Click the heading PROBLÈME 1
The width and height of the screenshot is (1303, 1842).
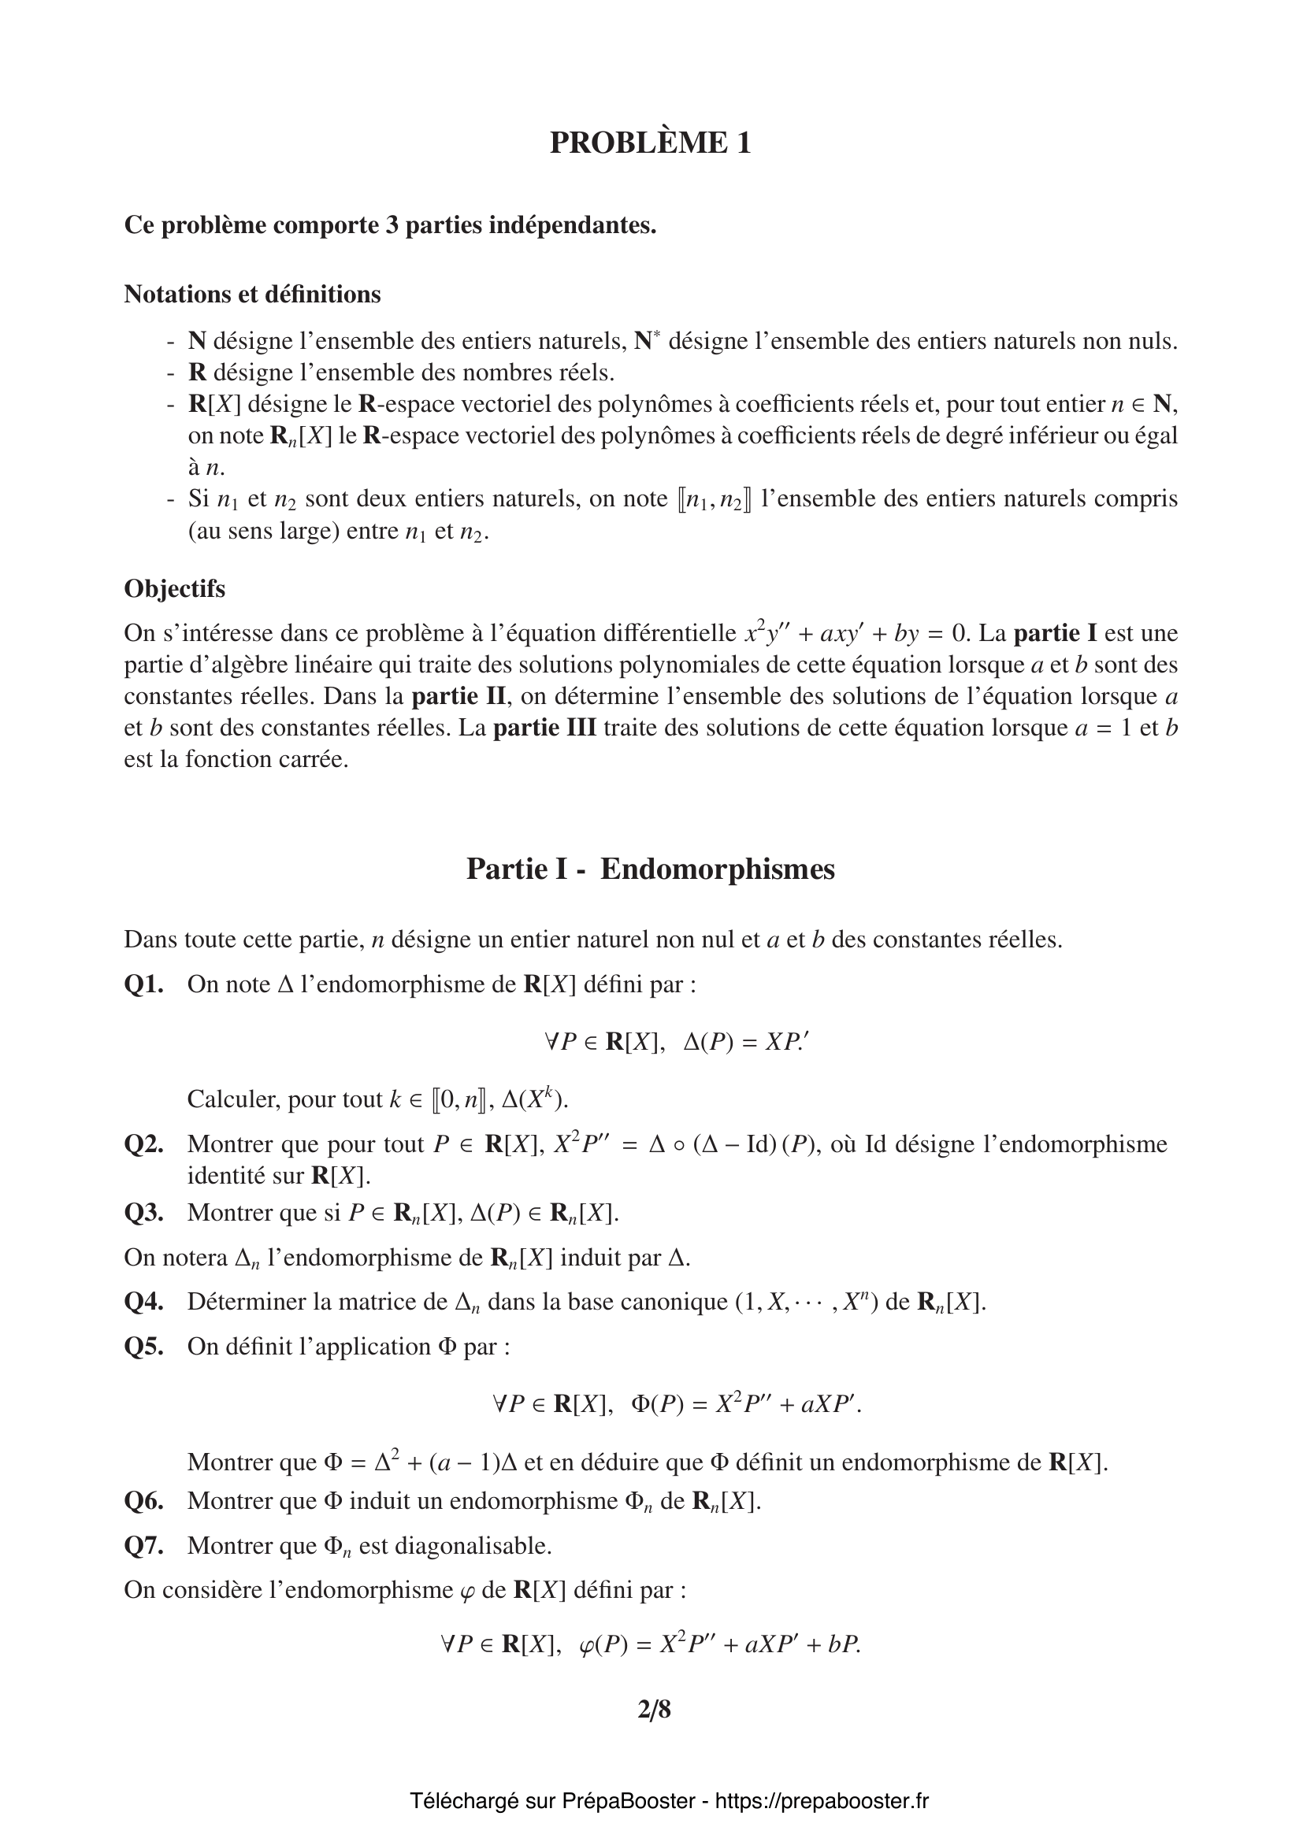[650, 143]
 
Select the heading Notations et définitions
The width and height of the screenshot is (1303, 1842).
[252, 295]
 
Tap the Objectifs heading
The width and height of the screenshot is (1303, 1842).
[174, 588]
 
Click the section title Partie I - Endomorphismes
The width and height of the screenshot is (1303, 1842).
[650, 869]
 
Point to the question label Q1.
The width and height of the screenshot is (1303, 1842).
[143, 984]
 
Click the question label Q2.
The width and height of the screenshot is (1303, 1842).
[143, 1143]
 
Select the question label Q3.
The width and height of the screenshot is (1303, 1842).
[143, 1212]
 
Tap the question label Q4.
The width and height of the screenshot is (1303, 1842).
[143, 1301]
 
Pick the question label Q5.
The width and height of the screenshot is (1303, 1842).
[143, 1346]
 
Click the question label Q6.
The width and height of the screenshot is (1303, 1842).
[143, 1500]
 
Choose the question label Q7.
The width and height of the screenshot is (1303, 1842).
[143, 1545]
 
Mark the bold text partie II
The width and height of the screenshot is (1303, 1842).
[459, 695]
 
